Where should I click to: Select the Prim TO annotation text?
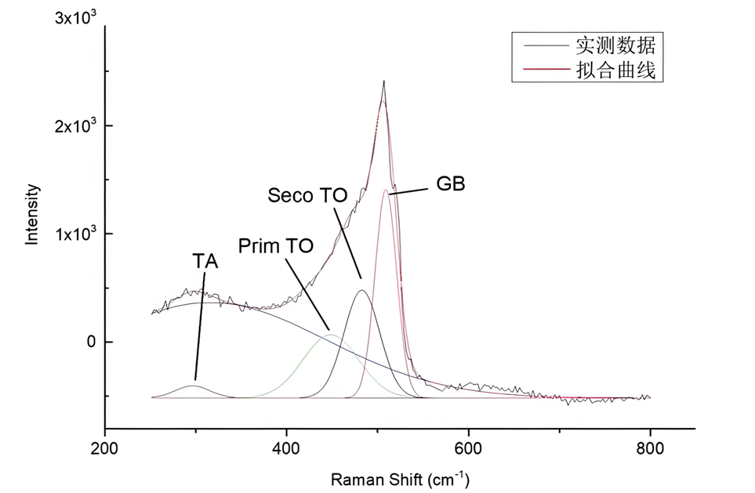pos(276,245)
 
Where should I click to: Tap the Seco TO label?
pos(307,195)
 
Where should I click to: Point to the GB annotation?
pos(450,184)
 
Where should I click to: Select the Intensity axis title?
pos(32,214)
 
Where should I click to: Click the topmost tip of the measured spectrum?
pos(384,81)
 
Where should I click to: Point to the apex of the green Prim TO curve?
pos(332,335)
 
